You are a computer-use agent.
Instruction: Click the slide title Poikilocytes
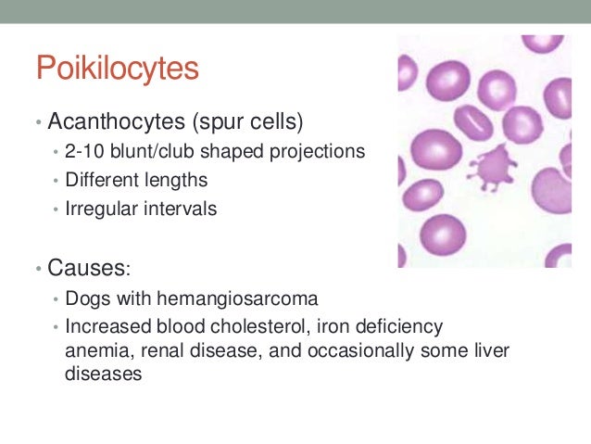tap(118, 69)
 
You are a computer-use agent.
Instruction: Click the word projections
tap(315, 152)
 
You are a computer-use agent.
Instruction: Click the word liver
tap(490, 352)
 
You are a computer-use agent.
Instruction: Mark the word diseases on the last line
tap(103, 376)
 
